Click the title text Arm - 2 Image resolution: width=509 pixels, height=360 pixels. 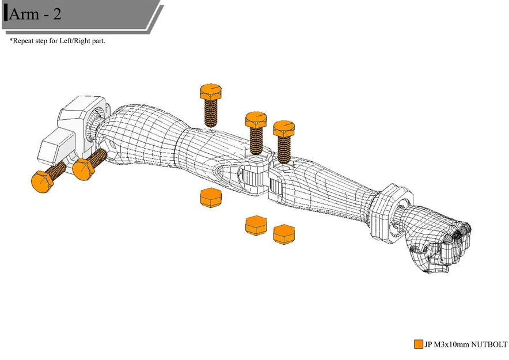pos(35,14)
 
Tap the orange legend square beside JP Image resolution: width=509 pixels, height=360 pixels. pos(418,344)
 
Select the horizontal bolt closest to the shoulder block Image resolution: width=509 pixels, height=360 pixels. pos(88,164)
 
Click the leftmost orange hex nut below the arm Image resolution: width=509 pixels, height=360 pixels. pos(211,198)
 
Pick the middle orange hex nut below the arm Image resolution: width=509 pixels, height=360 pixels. pos(256,225)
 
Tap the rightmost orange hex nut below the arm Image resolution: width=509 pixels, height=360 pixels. pos(284,233)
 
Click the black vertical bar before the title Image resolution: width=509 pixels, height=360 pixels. pos(6,14)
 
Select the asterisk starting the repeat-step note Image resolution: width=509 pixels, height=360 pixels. pos(11,41)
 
